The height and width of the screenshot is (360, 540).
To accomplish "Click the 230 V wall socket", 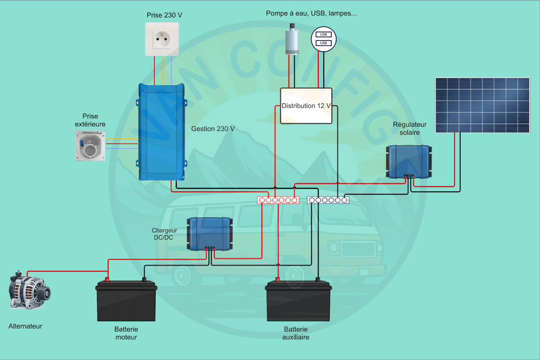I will point(162,40).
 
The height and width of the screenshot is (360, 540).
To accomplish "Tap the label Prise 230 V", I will point(164,15).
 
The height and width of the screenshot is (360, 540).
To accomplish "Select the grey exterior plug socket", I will point(90,145).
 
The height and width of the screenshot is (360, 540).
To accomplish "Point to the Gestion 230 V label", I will point(213,129).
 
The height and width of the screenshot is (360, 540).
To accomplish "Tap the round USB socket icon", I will point(324,39).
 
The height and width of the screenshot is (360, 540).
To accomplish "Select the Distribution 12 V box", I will point(306,106).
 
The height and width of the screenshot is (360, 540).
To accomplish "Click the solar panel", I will point(482,104).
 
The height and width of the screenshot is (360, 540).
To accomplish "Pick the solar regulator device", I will point(409,161).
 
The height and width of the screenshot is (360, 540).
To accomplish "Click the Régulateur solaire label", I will point(409,128).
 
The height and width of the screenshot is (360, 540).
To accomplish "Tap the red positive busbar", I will point(278,200).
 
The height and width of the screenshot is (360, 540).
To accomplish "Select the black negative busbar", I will point(328,200).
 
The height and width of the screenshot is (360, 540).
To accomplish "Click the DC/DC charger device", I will point(210,233).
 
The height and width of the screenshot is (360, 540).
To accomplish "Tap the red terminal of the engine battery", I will point(107,280).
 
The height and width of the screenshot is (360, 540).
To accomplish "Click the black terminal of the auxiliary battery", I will point(318,280).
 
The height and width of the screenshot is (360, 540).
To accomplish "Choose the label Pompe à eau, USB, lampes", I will point(311,13).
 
